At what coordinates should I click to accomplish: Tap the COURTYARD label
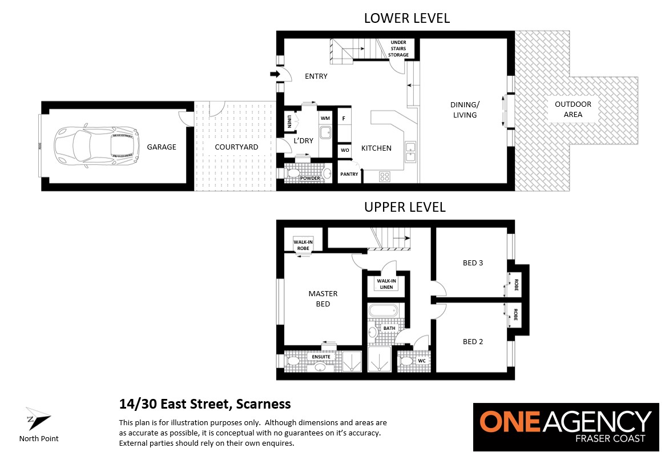(236, 147)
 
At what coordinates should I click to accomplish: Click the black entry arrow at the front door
(275, 74)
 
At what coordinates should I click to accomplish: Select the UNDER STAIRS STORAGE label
(398, 49)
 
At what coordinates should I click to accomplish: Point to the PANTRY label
(349, 174)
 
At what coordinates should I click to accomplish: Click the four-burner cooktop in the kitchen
(385, 176)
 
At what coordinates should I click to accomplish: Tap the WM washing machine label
(325, 118)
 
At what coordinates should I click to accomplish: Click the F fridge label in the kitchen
(344, 119)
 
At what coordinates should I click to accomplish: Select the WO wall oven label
(345, 150)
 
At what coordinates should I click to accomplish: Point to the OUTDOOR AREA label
(573, 110)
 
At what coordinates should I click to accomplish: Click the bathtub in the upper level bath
(384, 311)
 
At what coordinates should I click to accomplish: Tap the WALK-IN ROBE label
(303, 245)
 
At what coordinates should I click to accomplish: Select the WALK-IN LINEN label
(386, 284)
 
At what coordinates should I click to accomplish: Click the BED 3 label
(473, 263)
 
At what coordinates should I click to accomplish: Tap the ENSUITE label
(321, 357)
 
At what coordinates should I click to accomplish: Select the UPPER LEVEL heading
(405, 207)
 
